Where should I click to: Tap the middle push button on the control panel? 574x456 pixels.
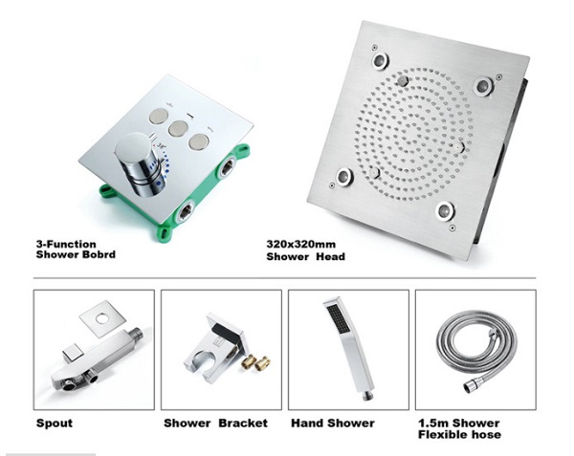(178, 128)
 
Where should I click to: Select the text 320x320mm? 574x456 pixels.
(301, 244)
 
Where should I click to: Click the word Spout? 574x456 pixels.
(55, 423)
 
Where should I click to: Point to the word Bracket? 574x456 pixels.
(243, 423)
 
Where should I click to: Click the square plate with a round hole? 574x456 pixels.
(102, 318)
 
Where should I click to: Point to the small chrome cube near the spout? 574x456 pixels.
(73, 353)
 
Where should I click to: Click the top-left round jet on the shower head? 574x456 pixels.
(381, 60)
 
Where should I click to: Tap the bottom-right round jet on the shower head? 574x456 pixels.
(445, 210)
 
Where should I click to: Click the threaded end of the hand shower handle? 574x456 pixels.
(368, 396)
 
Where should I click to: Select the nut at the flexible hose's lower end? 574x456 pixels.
(469, 386)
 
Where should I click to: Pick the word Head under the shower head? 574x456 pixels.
(331, 256)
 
